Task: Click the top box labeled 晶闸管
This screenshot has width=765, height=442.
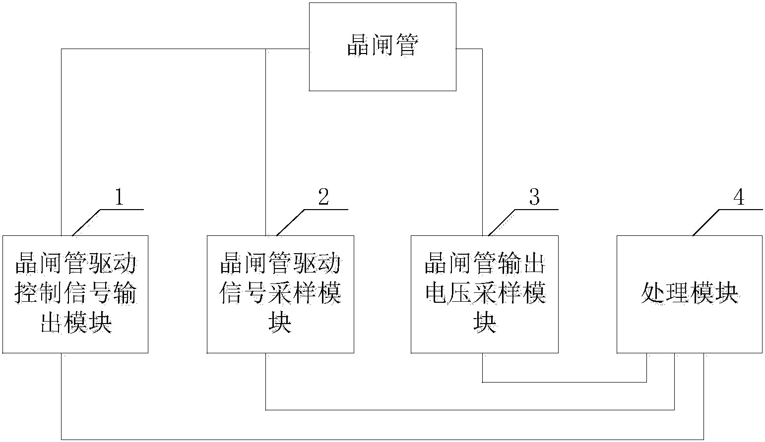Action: click(382, 47)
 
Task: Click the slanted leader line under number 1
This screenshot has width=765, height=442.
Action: click(87, 222)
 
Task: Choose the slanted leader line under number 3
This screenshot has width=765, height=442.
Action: click(502, 222)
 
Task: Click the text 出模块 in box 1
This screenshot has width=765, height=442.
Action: click(76, 323)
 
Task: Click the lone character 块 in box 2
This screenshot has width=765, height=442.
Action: click(280, 323)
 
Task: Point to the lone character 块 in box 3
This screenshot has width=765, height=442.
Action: click(485, 323)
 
